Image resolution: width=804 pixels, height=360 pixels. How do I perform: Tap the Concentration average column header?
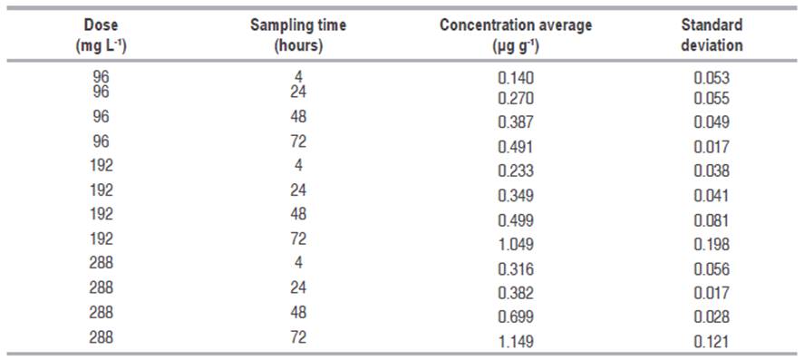pos(515,34)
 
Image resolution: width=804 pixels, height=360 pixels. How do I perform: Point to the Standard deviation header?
pos(712,34)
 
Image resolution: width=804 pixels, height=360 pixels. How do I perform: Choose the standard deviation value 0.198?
pos(712,245)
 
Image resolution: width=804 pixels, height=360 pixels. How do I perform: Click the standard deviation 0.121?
pos(712,341)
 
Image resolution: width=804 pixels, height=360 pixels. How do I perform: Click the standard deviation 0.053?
pos(712,79)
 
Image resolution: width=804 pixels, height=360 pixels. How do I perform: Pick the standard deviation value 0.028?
pos(712,317)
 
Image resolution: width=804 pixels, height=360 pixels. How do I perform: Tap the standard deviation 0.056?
pos(712,269)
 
